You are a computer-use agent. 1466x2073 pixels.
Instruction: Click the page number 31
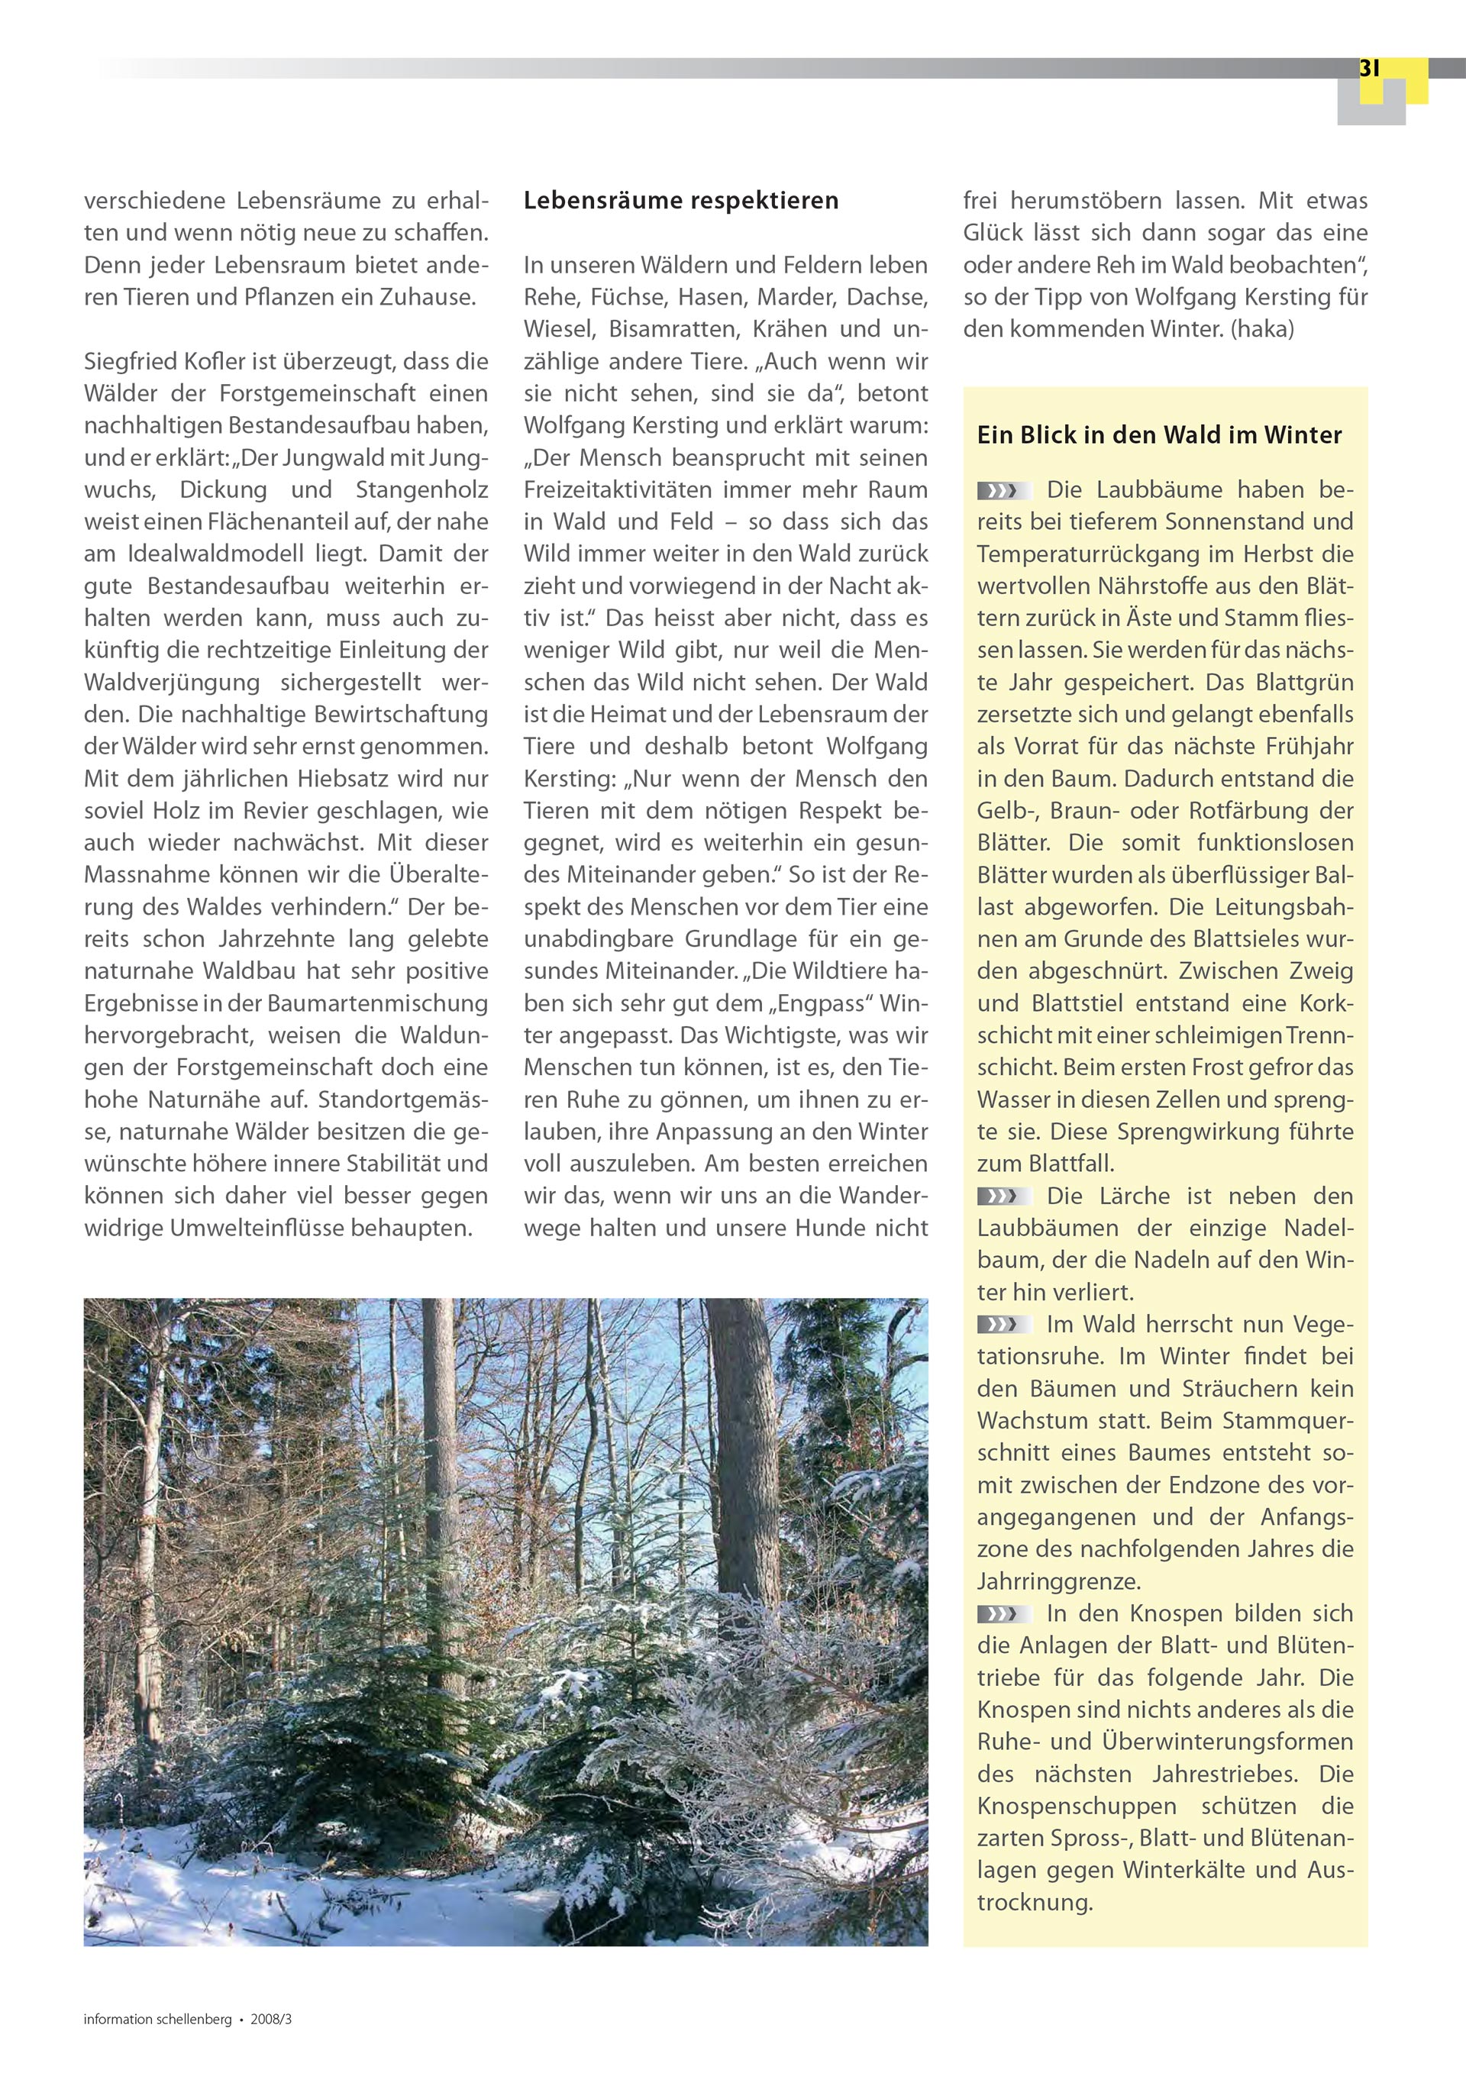click(x=1368, y=69)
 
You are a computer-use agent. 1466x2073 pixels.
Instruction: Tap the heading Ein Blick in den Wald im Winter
click(x=1159, y=435)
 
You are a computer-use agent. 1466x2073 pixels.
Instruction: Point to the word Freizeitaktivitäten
click(x=625, y=490)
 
